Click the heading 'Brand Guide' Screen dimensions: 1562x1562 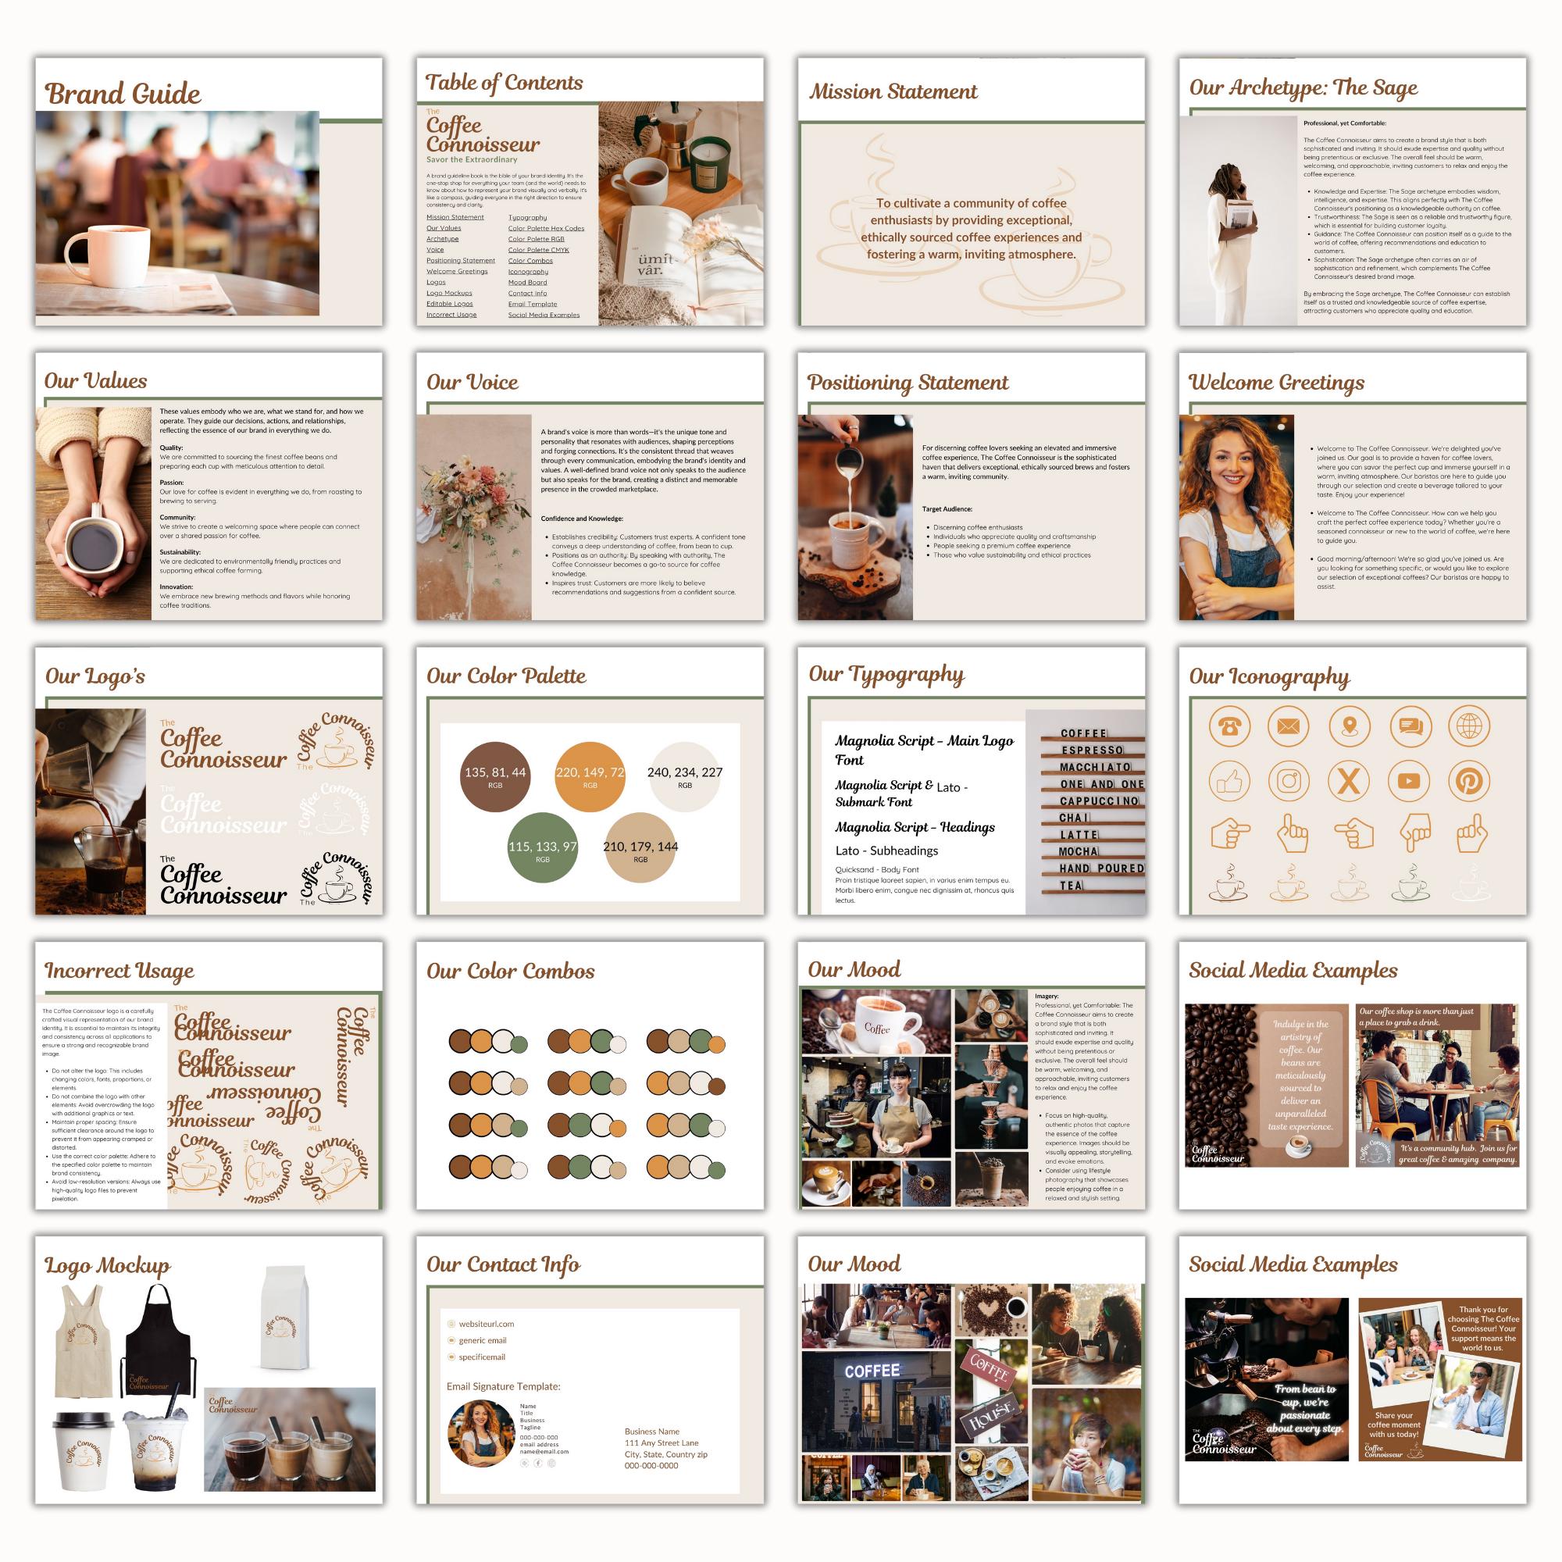[x=122, y=94]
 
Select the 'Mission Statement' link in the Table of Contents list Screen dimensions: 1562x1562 [x=455, y=216]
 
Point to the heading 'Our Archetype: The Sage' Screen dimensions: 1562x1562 [x=1303, y=87]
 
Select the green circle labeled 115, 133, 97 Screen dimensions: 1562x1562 [x=543, y=850]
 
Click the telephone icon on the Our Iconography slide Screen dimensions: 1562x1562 [x=1229, y=726]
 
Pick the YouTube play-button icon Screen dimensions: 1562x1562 [x=1408, y=781]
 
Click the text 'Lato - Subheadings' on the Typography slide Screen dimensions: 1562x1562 [x=886, y=851]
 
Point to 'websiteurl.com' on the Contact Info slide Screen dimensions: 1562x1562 [x=486, y=1325]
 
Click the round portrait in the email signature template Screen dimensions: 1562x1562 [x=480, y=1433]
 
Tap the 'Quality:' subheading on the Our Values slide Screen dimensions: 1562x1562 [x=170, y=447]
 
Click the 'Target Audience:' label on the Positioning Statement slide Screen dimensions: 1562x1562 [x=947, y=508]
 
